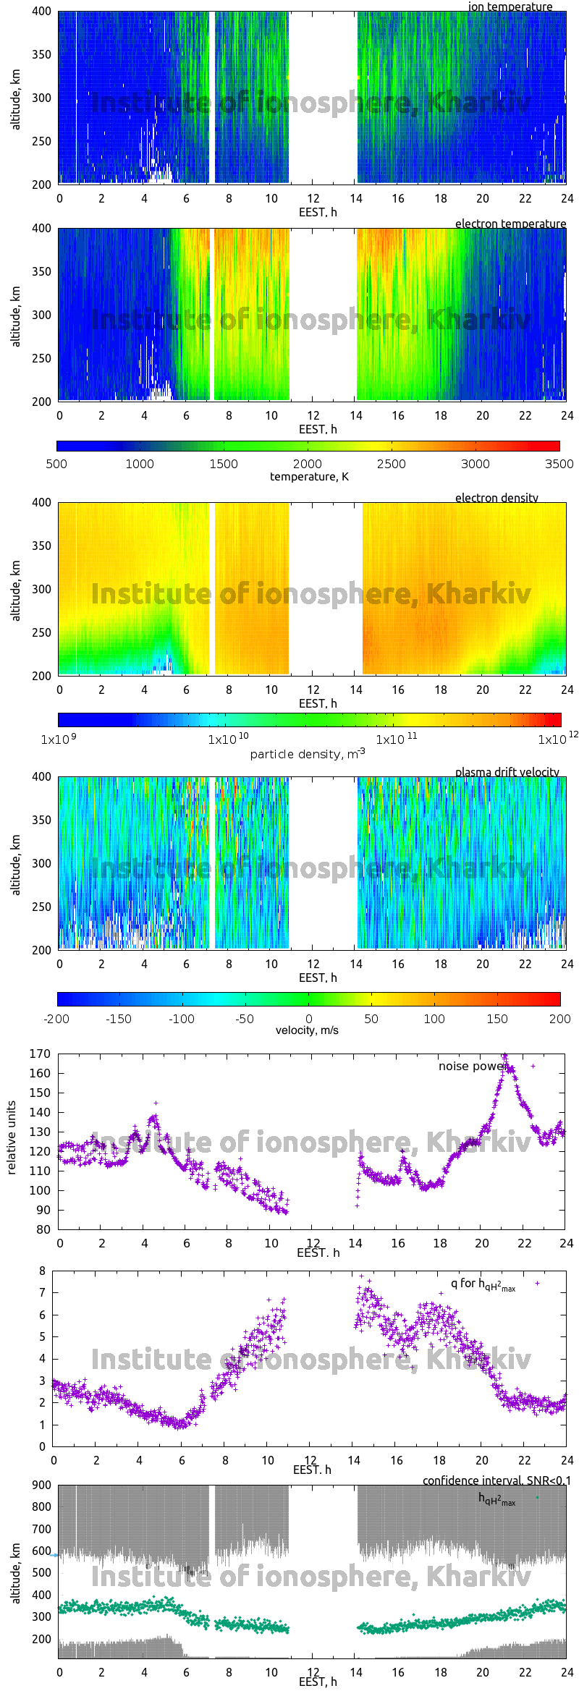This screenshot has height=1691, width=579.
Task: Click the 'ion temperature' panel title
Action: (510, 7)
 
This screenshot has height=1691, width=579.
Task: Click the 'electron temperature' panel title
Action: (510, 224)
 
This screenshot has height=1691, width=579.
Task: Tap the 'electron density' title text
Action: (496, 498)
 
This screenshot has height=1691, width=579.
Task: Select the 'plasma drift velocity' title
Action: (507, 772)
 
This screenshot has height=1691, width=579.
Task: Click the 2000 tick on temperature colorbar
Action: (308, 464)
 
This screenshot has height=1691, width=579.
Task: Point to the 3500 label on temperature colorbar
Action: (559, 464)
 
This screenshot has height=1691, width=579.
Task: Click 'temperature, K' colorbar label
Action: (309, 476)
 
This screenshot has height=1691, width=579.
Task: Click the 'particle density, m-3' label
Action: (307, 754)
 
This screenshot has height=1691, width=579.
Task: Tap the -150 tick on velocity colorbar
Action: (119, 1019)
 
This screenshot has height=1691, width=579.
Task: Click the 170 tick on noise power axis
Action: (40, 1054)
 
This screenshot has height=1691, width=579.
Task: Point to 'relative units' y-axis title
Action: (12, 1138)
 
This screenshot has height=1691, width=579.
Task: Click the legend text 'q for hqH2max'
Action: (483, 1284)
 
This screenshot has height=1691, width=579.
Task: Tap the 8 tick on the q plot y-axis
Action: (43, 1271)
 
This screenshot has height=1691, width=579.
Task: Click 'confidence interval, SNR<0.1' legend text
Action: (496, 1480)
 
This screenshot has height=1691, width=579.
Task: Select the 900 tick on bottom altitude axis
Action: (41, 1485)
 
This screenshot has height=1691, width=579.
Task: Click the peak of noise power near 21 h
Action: (505, 1056)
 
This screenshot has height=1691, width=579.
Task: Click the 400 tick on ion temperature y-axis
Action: (41, 12)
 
